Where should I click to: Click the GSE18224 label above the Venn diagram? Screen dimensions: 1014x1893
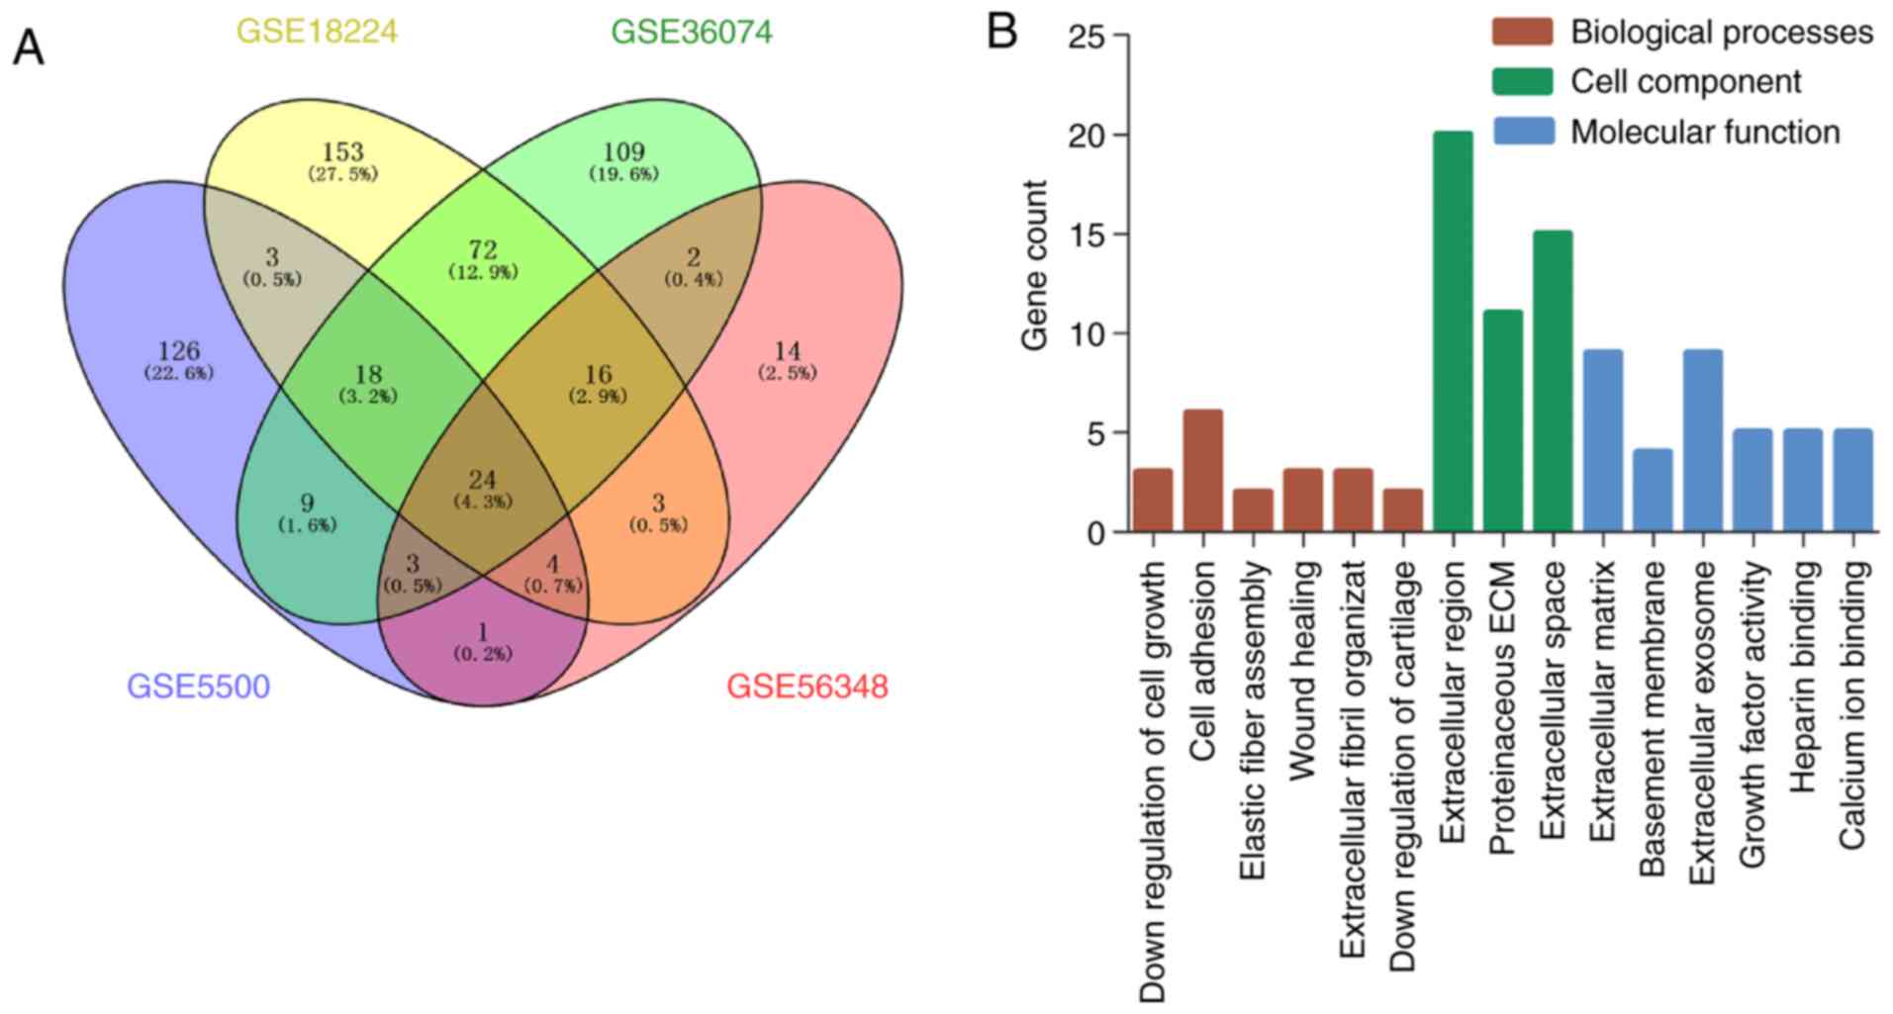317,32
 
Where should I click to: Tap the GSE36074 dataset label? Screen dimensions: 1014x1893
692,32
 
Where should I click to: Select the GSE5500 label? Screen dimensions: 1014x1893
198,686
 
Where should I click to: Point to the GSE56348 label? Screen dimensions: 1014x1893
807,686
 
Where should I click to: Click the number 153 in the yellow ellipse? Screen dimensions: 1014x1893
342,152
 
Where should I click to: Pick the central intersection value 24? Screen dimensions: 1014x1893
483,480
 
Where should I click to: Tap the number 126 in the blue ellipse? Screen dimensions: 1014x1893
178,351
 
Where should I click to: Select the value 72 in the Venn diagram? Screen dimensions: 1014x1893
483,250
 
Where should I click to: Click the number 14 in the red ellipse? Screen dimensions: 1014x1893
788,351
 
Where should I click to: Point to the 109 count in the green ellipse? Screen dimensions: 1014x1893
623,152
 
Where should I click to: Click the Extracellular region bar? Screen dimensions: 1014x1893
1453,331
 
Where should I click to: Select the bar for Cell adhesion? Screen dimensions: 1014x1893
1202,471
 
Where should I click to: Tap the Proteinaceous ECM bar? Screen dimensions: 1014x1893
1502,421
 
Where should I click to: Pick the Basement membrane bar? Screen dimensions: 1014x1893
1653,491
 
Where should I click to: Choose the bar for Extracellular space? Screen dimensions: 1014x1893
1553,382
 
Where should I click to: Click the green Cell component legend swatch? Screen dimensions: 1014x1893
1522,81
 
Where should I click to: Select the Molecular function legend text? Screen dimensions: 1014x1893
1705,132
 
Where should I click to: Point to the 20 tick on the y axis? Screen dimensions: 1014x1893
1088,136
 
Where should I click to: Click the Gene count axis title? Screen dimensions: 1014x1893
1035,264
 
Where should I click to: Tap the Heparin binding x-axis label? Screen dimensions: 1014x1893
1803,677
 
